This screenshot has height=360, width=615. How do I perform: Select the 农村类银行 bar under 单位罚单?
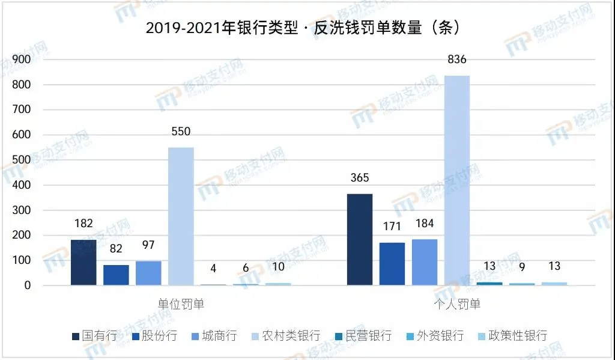point(181,216)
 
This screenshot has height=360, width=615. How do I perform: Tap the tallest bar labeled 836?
point(456,180)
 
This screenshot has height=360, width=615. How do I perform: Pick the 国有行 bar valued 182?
point(83,262)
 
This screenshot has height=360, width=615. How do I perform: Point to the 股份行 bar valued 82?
point(116,275)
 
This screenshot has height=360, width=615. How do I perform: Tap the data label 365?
point(359,178)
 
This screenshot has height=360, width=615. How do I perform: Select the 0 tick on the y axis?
point(27,285)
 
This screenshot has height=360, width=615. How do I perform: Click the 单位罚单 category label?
point(181,304)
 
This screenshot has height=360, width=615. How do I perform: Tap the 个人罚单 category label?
point(457,304)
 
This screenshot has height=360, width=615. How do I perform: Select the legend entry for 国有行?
point(94,335)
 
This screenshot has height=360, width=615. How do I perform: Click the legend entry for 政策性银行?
point(512,335)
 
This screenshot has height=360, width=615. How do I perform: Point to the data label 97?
point(148,246)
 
